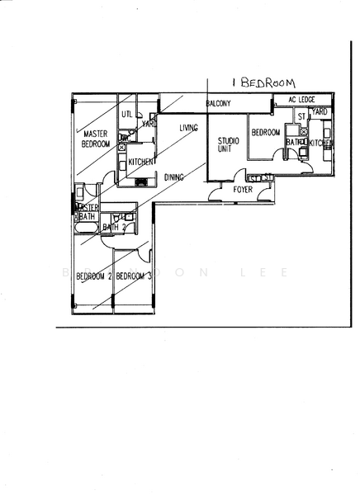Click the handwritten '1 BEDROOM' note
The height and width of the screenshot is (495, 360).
tap(264, 82)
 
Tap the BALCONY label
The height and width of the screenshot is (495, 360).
tap(218, 103)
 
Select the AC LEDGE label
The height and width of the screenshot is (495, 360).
tap(301, 100)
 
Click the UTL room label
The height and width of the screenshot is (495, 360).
tap(127, 114)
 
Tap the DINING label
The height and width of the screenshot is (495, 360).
tap(173, 177)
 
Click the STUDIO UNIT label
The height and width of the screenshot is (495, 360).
tap(228, 145)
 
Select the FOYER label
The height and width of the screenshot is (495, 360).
tap(242, 190)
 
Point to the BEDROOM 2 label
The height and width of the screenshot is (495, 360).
tap(92, 276)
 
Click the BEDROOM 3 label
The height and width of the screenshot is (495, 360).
tap(133, 276)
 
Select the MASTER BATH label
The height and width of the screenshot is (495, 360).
tap(88, 212)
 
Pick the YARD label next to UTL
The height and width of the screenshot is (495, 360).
tap(149, 124)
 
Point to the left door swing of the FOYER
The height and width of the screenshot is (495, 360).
tap(218, 194)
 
